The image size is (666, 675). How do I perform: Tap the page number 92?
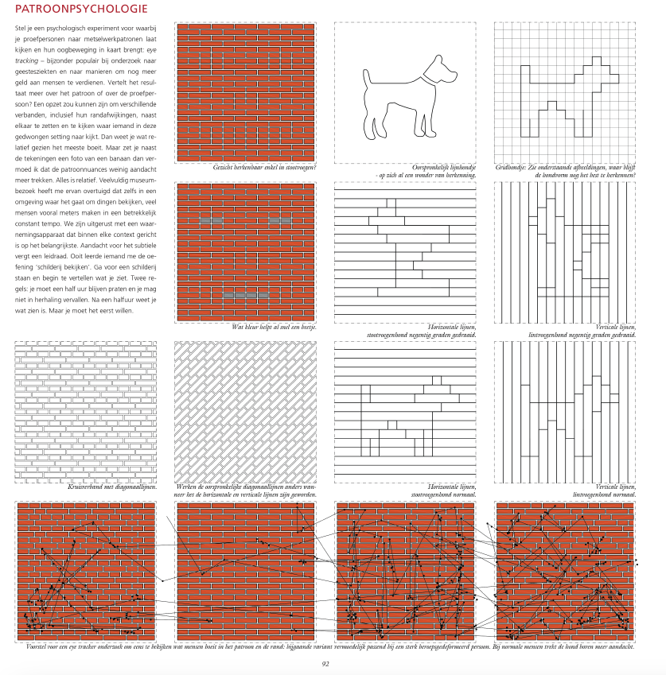point(325,663)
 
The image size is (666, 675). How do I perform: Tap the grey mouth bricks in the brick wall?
point(245,296)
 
